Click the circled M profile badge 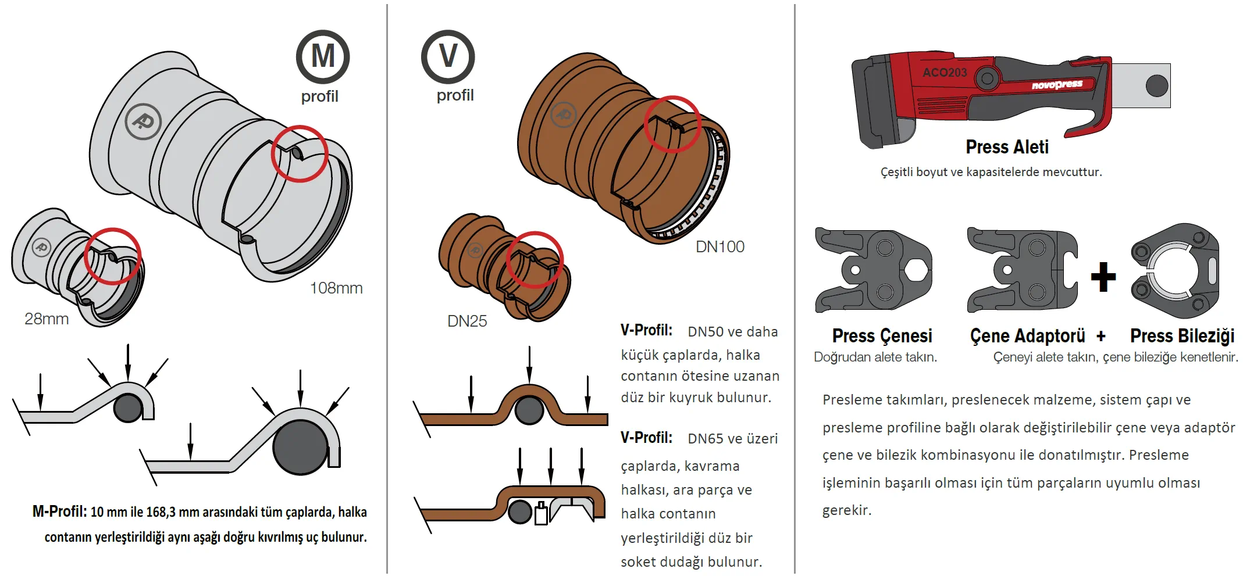coord(323,57)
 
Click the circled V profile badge coord(448,56)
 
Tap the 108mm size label coord(336,288)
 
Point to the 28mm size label coord(47,319)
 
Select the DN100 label coord(720,247)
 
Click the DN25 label coord(467,321)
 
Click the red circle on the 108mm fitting coord(300,153)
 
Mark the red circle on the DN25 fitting coord(535,259)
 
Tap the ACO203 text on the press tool coord(945,73)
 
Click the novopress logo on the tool coord(1057,85)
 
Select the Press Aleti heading coord(1007,147)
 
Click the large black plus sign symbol coord(1103,277)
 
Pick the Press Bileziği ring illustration coord(1175,271)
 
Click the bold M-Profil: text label coord(60,511)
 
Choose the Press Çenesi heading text coord(882,336)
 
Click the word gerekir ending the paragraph coord(846,510)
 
